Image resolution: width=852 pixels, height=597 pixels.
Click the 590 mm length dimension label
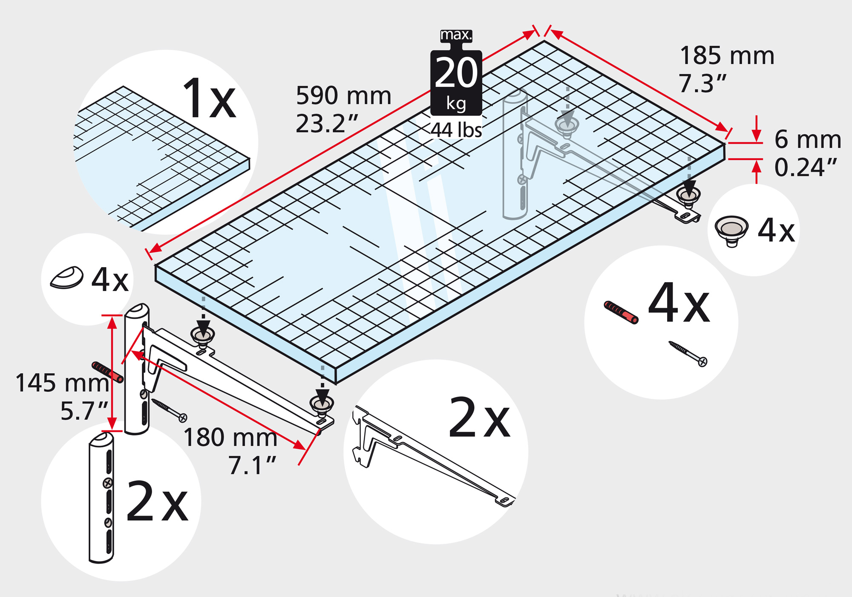pos(343,95)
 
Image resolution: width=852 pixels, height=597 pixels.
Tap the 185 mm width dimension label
pos(727,55)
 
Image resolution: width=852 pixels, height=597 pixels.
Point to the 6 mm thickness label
pos(808,139)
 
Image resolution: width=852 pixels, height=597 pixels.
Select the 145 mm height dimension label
pos(62,383)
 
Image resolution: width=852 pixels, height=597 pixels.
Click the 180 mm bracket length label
pos(230,437)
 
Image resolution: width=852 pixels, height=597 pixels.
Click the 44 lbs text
pos(456,130)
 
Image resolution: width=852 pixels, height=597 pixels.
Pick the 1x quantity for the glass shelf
pos(209,98)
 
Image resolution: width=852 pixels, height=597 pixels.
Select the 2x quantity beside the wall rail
pos(157,501)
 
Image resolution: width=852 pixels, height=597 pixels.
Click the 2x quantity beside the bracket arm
pos(479,417)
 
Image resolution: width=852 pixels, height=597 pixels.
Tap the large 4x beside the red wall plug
pos(679,303)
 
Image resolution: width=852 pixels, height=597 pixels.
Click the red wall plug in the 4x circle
pos(621,312)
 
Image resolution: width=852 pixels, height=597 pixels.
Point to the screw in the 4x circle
pos(688,354)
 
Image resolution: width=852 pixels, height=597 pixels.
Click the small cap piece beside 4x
pos(67,278)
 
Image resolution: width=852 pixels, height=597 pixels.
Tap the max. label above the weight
pos(456,35)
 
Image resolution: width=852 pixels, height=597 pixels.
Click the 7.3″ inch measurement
pos(702,84)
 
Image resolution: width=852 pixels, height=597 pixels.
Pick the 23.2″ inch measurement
pos(327,124)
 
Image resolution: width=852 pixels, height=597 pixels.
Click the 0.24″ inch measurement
pos(806,167)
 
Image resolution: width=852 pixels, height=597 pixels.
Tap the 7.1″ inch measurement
pos(252,465)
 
